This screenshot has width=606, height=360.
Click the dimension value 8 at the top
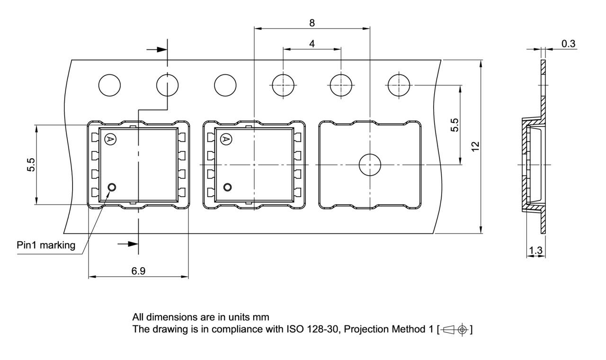(312, 22)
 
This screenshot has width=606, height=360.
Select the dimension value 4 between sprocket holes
(312, 44)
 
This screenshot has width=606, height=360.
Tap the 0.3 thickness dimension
(568, 44)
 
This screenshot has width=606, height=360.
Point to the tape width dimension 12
(475, 146)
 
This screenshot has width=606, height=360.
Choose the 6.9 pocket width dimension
(138, 271)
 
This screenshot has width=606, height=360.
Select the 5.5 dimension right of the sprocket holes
(454, 125)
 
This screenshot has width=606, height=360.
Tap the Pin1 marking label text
(46, 245)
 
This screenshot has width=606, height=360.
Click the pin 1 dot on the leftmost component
(112, 187)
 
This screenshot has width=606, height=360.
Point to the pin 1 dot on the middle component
(228, 187)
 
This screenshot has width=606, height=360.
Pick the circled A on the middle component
(226, 139)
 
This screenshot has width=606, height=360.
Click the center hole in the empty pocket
(370, 165)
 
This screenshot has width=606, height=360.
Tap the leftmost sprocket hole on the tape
(109, 85)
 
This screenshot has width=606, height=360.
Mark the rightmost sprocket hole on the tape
(399, 85)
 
